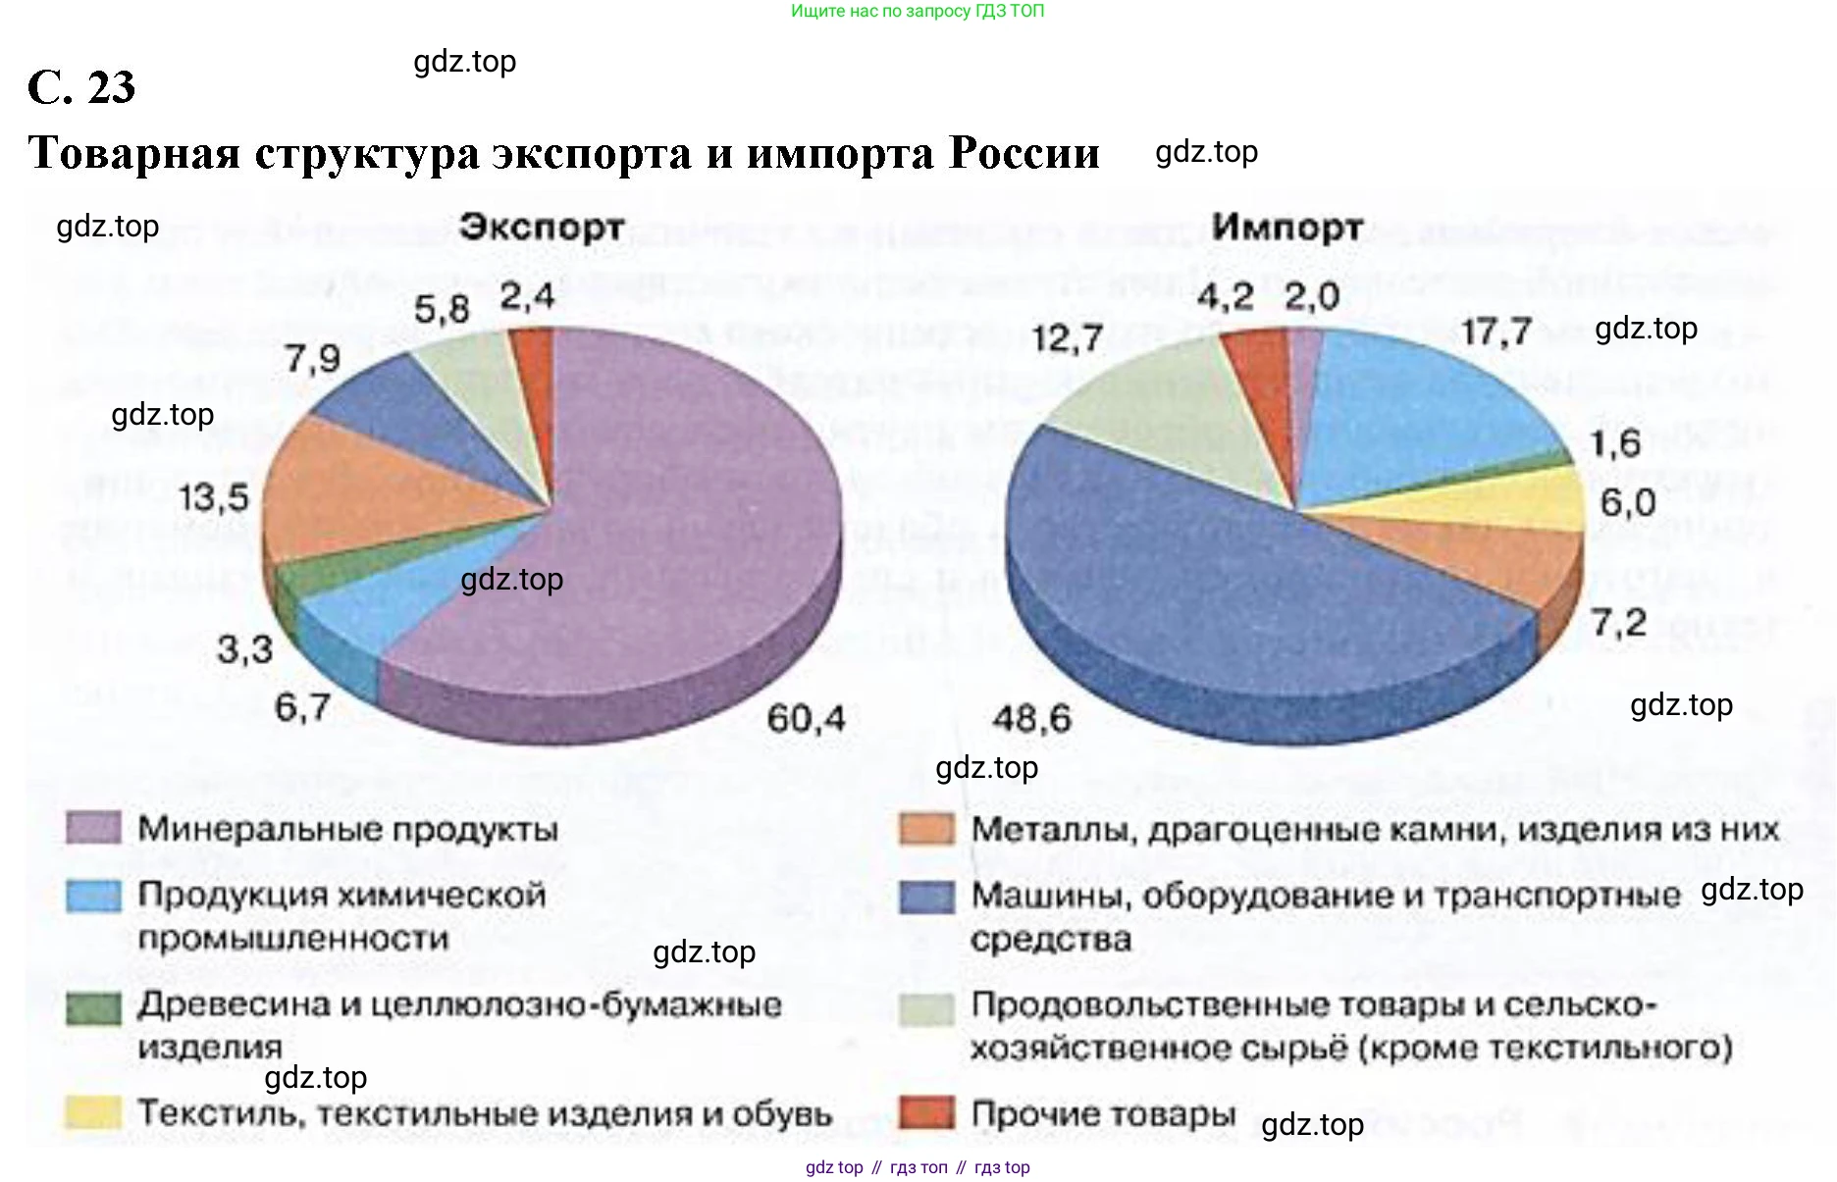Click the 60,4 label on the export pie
pyautogui.click(x=805, y=719)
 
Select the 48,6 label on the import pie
pyautogui.click(x=1031, y=719)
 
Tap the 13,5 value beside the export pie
pyautogui.click(x=213, y=497)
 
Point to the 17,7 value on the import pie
pyautogui.click(x=1496, y=333)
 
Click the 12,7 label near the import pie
pyautogui.click(x=1067, y=339)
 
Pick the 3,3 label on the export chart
pyautogui.click(x=243, y=649)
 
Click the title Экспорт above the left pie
pyautogui.click(x=542, y=228)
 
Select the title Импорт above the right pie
pyautogui.click(x=1286, y=228)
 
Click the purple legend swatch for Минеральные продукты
pyautogui.click(x=93, y=829)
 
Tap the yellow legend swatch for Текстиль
pyautogui.click(x=93, y=1112)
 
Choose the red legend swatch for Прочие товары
pyautogui.click(x=925, y=1112)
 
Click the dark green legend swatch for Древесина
pyautogui.click(x=93, y=1007)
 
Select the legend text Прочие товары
pyautogui.click(x=1103, y=1114)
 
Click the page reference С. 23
pyautogui.click(x=81, y=87)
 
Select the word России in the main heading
pyautogui.click(x=1023, y=153)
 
